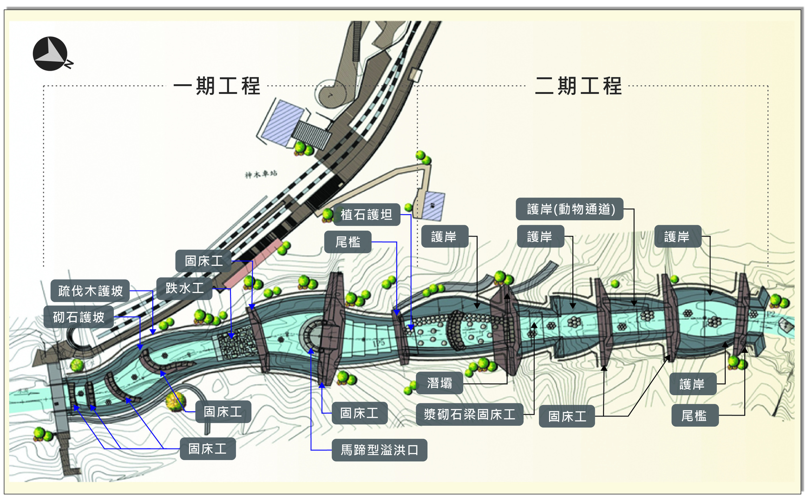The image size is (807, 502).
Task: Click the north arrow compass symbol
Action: coord(51,54)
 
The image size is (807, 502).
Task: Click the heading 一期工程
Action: coord(217,86)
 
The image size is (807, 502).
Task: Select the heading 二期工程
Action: coord(578,86)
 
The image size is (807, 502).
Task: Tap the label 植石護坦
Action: coord(366,215)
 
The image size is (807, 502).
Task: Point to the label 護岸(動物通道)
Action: coord(570,209)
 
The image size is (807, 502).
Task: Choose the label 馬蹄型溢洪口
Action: coord(379,450)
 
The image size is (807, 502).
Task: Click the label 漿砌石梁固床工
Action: coord(469,414)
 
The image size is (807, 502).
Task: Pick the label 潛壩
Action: coord(440,383)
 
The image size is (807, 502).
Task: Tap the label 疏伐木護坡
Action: coord(90,291)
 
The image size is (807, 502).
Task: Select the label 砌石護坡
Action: coord(79,317)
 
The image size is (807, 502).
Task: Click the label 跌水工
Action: coord(184,288)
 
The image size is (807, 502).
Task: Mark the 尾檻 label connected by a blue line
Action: coord(348,242)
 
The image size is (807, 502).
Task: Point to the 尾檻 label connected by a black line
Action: coord(694,416)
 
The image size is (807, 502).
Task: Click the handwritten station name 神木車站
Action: coord(261,174)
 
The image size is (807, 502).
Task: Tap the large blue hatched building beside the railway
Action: coord(281,122)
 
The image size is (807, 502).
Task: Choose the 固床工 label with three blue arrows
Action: coord(208,449)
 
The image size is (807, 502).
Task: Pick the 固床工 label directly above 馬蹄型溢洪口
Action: coord(359,413)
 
